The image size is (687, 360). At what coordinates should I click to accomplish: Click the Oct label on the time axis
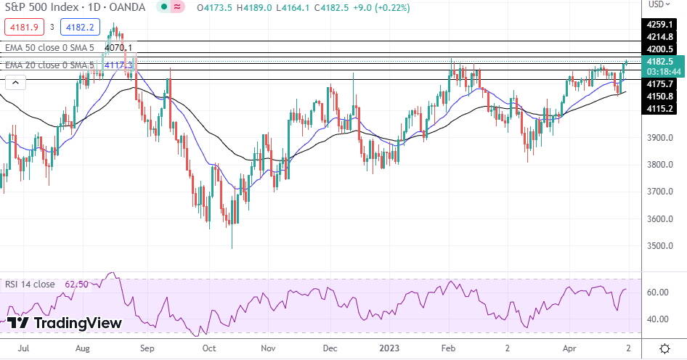tap(209, 348)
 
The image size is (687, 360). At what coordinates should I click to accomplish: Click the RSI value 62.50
tap(76, 285)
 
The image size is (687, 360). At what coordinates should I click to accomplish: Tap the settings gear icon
tap(664, 348)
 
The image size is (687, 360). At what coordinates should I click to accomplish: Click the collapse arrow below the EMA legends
tap(12, 83)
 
